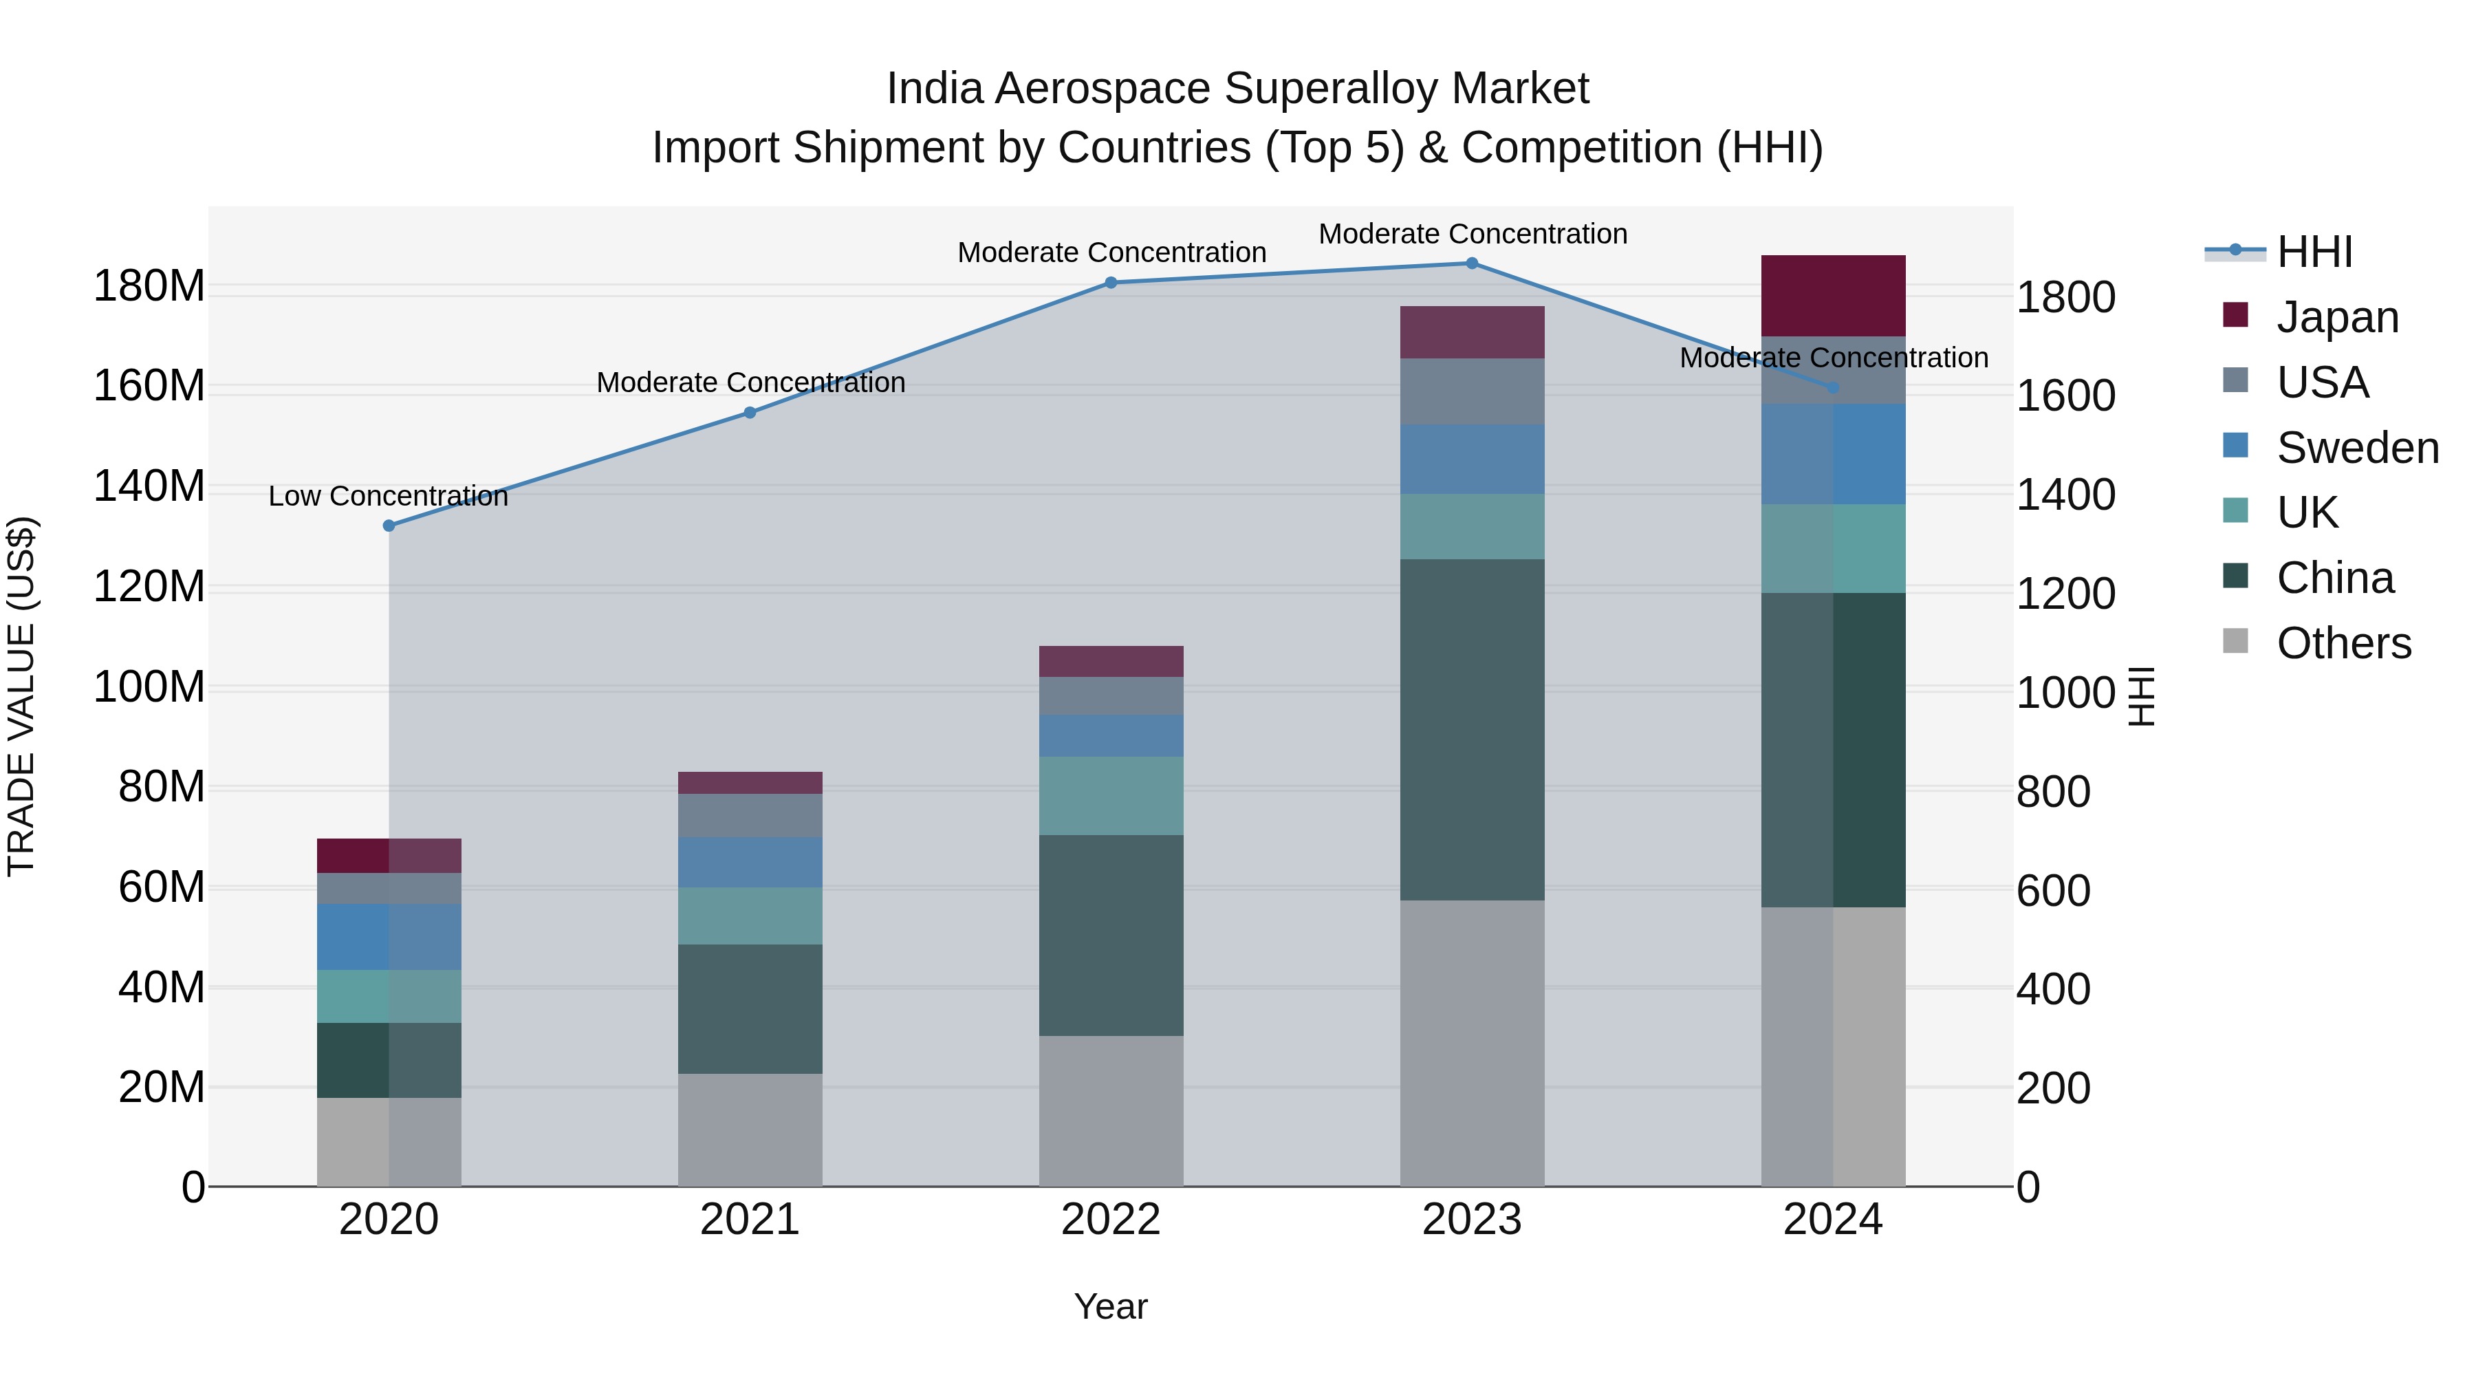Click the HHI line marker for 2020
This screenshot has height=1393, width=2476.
coord(389,526)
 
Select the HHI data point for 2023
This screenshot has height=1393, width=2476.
coord(1472,263)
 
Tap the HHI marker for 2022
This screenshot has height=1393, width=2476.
coord(1111,283)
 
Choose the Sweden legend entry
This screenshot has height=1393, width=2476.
coord(2357,448)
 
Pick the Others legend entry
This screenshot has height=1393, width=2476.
coord(2343,643)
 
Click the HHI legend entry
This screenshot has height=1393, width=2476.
coord(2314,252)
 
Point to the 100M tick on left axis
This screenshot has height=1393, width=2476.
coord(149,687)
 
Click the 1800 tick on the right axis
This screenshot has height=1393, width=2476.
coord(2065,297)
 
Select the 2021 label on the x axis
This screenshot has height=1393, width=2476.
coord(750,1220)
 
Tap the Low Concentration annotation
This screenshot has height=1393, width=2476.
coord(389,496)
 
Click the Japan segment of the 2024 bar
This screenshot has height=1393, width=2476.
coord(1833,296)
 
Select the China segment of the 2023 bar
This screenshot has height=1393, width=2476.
coord(1472,730)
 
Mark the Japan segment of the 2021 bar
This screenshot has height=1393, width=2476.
coord(750,783)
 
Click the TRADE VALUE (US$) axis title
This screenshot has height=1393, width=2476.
coord(21,696)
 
